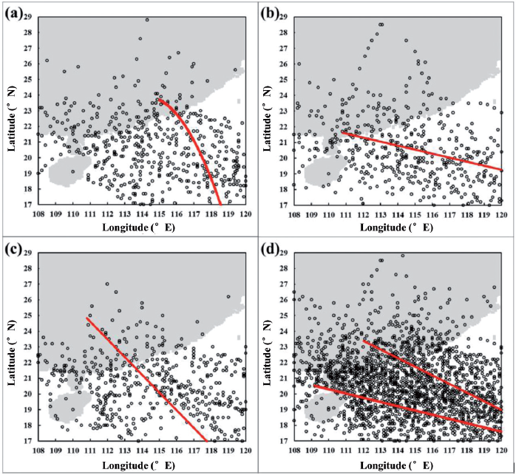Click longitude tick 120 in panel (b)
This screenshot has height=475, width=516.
[x=500, y=213]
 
